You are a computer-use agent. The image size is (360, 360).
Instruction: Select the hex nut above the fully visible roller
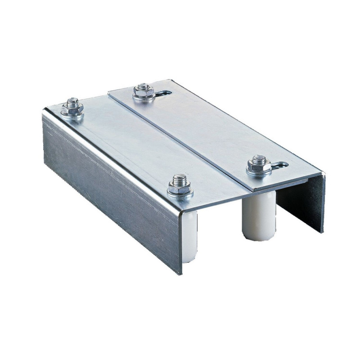coord(259,165)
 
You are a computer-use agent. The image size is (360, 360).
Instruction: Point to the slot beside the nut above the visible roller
coord(281,166)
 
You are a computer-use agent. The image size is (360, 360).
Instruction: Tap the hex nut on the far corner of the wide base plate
coord(72,108)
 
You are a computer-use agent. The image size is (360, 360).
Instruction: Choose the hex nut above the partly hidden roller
coord(180,185)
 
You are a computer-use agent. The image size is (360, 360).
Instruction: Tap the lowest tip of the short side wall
coord(323,232)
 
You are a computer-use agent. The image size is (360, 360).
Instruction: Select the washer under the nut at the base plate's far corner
coord(72,114)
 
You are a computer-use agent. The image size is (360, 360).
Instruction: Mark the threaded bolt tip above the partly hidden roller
coord(180,178)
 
